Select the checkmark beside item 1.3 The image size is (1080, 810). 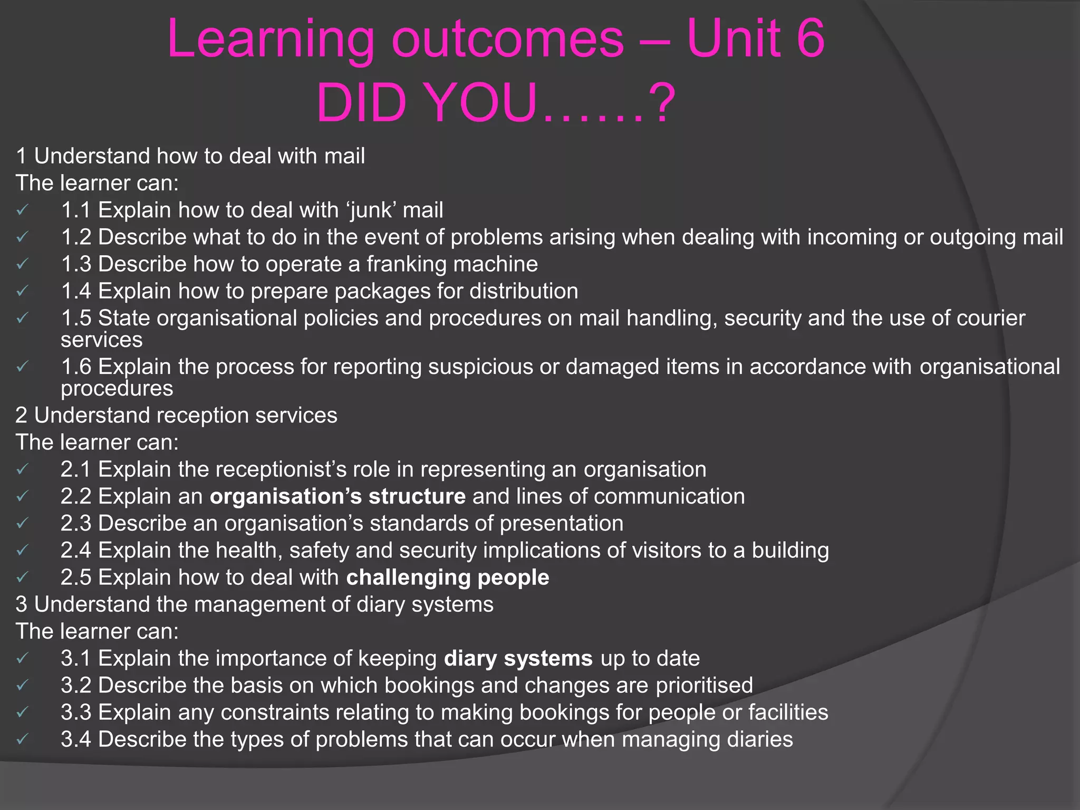22,264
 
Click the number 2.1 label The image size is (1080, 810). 75,469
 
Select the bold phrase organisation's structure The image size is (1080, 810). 337,497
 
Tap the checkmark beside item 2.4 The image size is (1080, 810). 22,551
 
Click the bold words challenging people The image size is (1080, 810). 447,577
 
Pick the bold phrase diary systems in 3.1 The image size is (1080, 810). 518,659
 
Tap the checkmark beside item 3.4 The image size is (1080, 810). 22,739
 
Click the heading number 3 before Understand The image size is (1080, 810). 21,604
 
